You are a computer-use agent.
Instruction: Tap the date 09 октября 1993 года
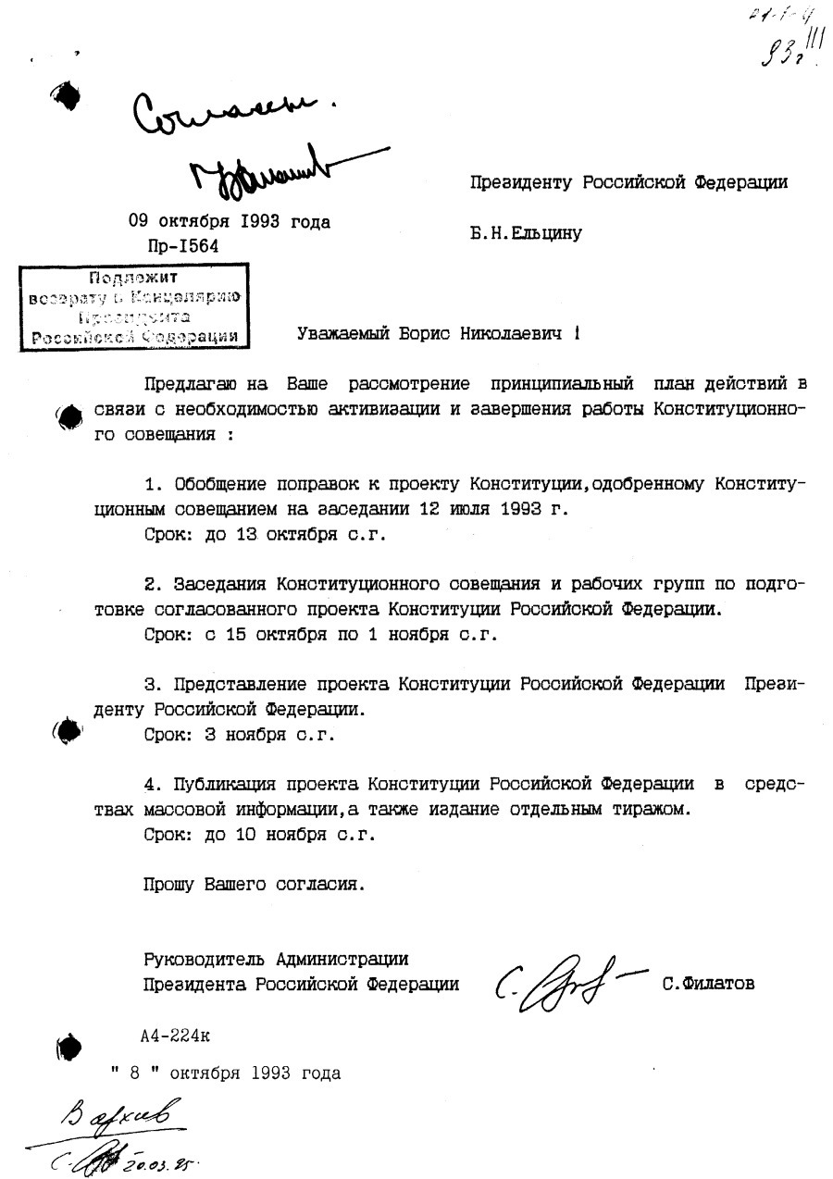point(229,222)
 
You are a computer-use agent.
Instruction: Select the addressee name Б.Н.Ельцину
point(526,233)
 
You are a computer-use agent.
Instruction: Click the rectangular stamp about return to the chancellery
point(135,305)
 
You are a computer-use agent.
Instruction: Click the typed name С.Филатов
point(708,984)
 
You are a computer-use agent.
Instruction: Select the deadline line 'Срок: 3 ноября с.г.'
point(239,735)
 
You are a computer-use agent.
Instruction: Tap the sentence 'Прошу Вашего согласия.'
point(255,884)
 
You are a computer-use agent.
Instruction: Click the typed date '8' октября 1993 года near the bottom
point(226,1074)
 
